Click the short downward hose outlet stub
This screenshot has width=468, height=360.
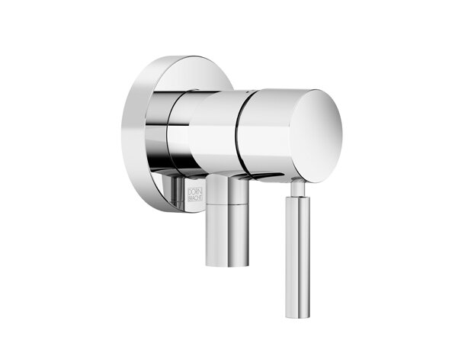pyautogui.click(x=226, y=229)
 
